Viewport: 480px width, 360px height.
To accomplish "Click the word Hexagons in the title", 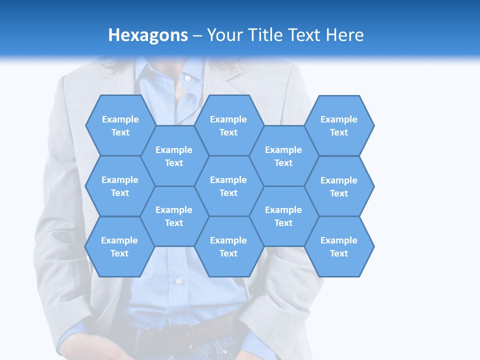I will (x=148, y=35).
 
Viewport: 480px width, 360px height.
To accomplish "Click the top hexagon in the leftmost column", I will (x=120, y=125).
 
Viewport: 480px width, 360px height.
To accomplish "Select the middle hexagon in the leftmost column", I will (x=120, y=186).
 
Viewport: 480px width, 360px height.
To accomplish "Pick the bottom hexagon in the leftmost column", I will (x=119, y=246).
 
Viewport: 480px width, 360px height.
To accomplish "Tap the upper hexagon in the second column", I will (x=174, y=156).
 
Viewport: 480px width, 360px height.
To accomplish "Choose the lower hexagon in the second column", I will (x=174, y=216).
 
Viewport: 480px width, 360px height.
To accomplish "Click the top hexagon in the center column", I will (x=228, y=125).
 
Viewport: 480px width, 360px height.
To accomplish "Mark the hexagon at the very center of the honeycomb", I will (x=228, y=186).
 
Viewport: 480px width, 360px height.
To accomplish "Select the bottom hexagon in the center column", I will (x=228, y=246).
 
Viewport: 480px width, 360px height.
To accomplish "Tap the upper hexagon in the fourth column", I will (x=283, y=156).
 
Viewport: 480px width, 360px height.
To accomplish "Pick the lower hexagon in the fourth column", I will (x=283, y=216).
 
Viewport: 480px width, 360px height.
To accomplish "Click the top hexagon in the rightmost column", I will (x=339, y=125).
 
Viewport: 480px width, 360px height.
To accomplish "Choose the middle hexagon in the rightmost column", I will (x=339, y=186).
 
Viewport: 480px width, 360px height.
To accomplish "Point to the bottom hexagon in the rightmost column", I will (x=339, y=246).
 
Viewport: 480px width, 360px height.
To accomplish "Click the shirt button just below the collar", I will (x=187, y=78).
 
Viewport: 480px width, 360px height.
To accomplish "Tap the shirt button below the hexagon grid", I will (x=178, y=281).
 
